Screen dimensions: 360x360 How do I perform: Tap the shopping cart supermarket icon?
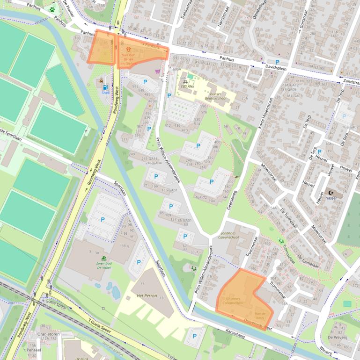pos(158,72)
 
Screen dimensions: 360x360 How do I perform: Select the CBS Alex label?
pos(187,86)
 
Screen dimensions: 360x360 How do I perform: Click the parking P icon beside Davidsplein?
pos(277,62)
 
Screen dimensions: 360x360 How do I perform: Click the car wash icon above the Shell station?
pos(101,81)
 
